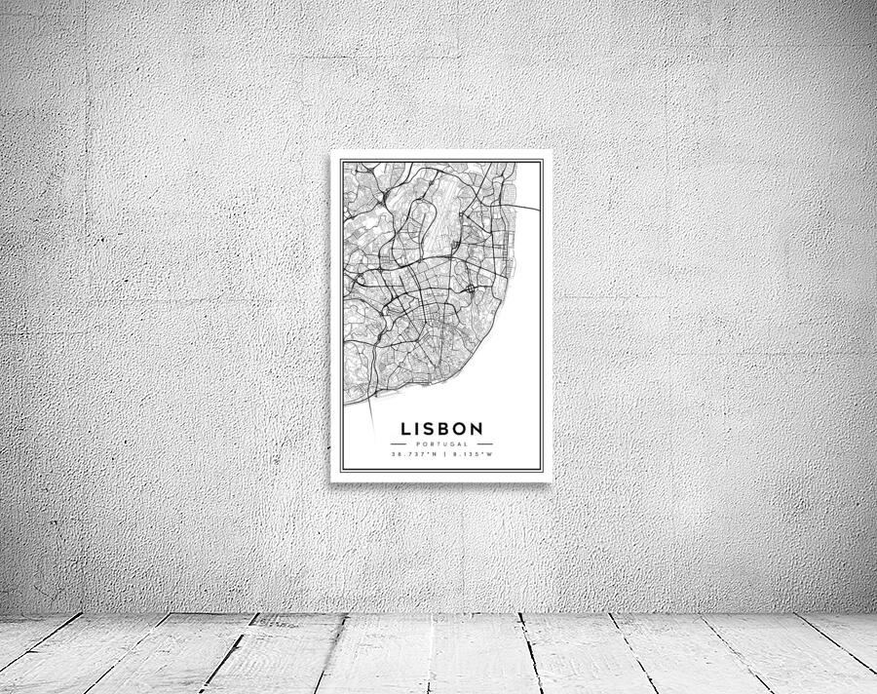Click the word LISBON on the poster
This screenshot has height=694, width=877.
pyautogui.click(x=441, y=428)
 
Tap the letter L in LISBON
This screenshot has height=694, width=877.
pyautogui.click(x=404, y=428)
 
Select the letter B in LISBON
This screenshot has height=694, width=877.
pyautogui.click(x=443, y=428)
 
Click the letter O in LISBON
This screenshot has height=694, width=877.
pyautogui.click(x=460, y=428)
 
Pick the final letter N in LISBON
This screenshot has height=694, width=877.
pyautogui.click(x=477, y=428)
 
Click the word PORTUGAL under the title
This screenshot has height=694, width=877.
pyautogui.click(x=441, y=443)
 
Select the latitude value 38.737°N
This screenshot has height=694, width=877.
pyautogui.click(x=413, y=454)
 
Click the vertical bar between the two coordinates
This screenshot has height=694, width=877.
pyautogui.click(x=442, y=454)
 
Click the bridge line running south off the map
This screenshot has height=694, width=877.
pyautogui.click(x=371, y=419)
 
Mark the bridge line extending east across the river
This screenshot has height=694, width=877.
pyautogui.click(x=526, y=208)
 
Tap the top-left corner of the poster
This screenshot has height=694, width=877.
pyautogui.click(x=331, y=151)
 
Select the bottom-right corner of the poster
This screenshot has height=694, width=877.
pyautogui.click(x=551, y=481)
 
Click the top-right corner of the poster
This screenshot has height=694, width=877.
pyautogui.click(x=551, y=151)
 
